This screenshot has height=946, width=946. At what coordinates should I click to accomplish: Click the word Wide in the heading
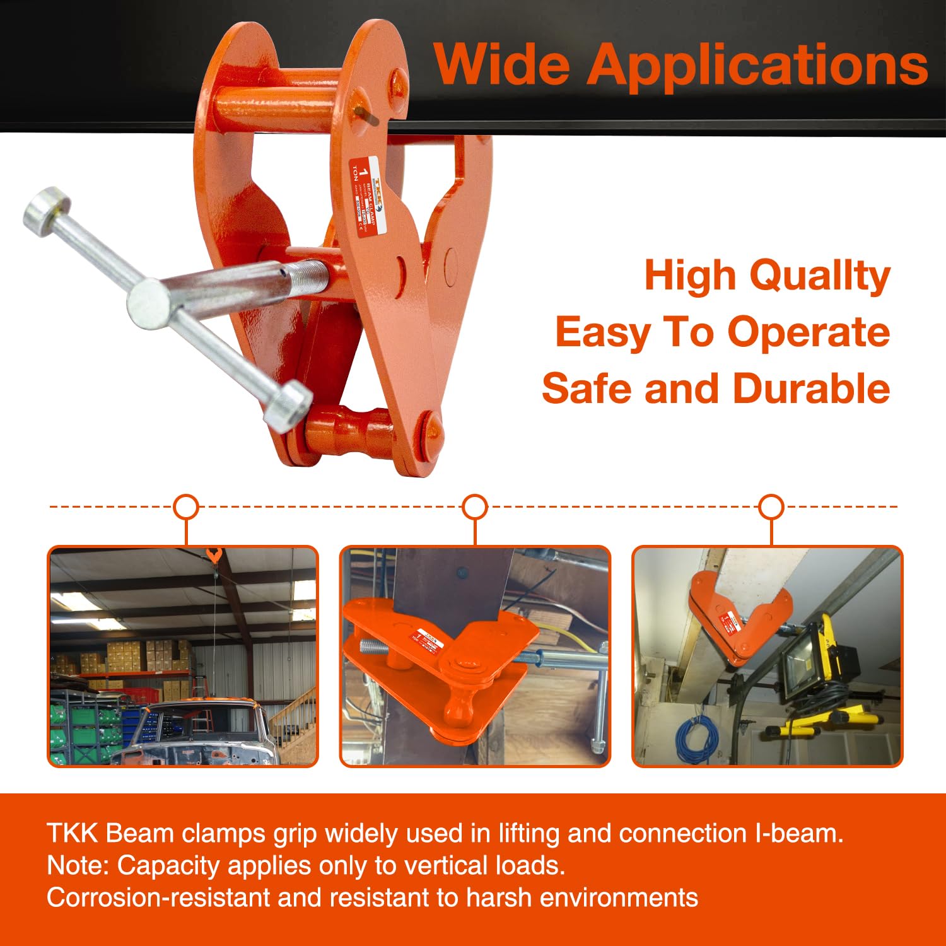502,64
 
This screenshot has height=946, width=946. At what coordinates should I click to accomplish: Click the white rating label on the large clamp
368,196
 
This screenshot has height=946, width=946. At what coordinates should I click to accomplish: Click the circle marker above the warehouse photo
185,506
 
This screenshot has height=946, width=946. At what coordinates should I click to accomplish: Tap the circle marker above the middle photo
475,506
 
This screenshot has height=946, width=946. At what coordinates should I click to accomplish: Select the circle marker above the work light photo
771,506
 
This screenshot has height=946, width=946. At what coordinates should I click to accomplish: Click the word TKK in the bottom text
72,833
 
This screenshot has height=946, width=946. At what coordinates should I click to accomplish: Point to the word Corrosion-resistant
158,897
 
